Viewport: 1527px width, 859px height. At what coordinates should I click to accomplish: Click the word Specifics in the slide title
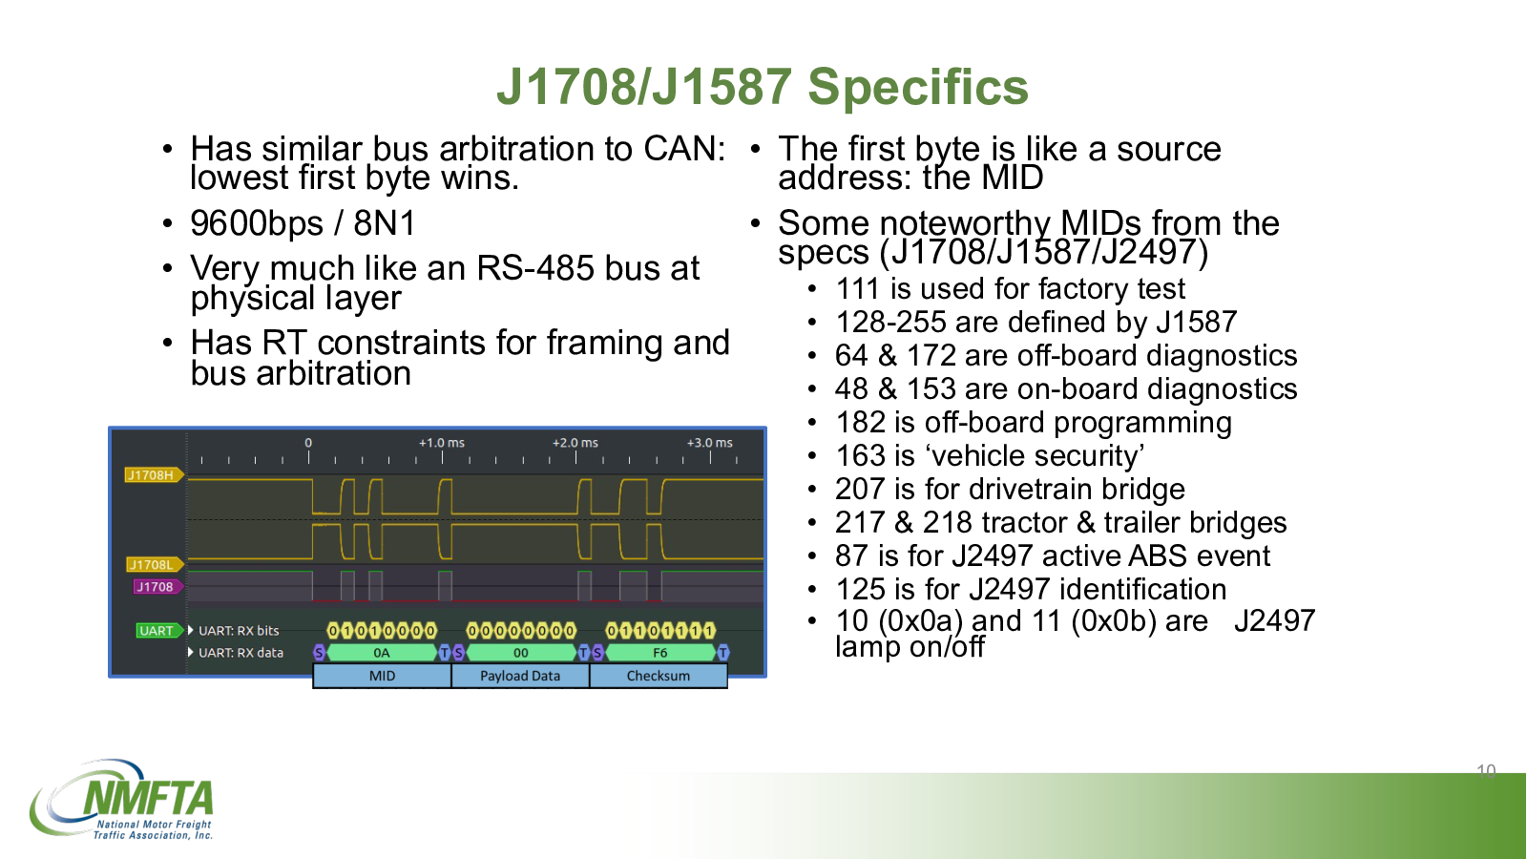point(917,88)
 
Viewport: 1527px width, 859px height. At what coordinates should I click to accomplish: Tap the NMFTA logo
point(121,799)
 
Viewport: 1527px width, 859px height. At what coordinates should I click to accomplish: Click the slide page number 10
point(1486,770)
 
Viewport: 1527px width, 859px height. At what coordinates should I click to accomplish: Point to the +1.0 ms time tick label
point(441,443)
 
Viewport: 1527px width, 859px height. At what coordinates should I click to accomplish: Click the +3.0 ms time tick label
point(710,443)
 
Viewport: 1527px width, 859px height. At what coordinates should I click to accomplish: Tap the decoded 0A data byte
point(382,653)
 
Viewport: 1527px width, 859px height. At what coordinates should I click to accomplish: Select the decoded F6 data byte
point(659,653)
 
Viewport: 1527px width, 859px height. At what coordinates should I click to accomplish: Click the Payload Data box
point(520,676)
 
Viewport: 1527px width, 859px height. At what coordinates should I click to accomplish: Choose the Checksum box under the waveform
point(659,676)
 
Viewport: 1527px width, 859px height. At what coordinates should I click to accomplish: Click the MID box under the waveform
point(382,676)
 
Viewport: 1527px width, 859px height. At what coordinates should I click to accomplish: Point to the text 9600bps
point(257,223)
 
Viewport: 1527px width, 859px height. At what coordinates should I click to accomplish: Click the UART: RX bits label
point(239,631)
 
